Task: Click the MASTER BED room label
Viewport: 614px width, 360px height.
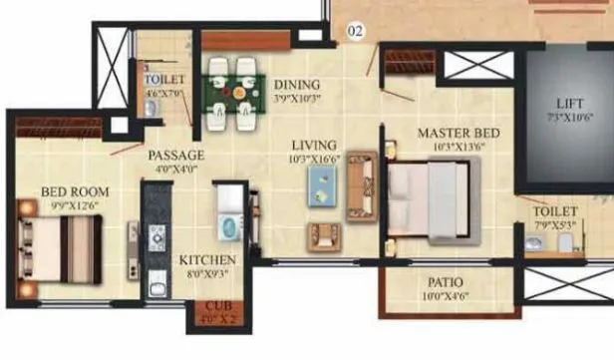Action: [459, 133]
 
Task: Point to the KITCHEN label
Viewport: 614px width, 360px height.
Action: [207, 260]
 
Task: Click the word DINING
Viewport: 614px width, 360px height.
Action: [297, 85]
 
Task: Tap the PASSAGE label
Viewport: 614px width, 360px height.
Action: [176, 156]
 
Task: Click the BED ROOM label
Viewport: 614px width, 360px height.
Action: [75, 191]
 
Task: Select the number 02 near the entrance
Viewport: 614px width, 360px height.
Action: [355, 31]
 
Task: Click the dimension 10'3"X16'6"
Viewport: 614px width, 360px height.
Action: [315, 158]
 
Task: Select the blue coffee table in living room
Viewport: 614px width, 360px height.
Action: [322, 183]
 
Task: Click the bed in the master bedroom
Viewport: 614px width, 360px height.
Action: [433, 198]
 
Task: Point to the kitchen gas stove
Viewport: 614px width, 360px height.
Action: [156, 237]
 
